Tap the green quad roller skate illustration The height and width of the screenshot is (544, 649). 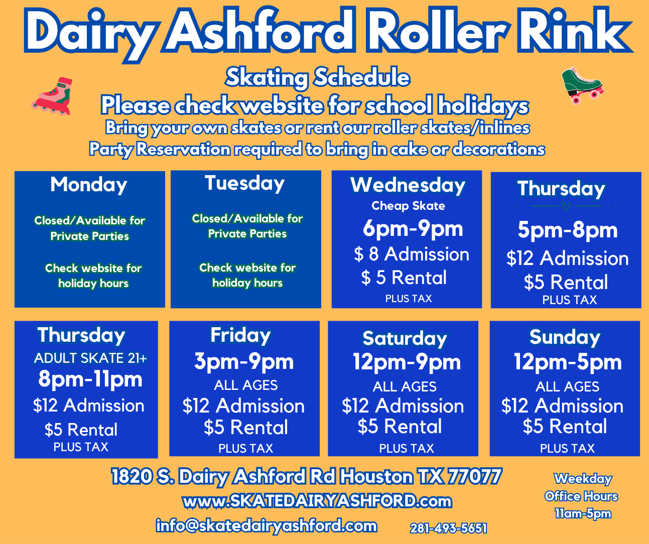point(582,85)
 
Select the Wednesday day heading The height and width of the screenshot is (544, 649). point(408,185)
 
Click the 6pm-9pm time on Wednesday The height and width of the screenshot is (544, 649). point(413,229)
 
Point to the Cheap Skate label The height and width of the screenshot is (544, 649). point(408,206)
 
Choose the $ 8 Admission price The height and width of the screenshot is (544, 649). point(411,254)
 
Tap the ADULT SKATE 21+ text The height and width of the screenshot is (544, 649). point(90,358)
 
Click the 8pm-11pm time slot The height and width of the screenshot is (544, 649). point(90,379)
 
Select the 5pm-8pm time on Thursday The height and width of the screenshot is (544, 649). point(567,230)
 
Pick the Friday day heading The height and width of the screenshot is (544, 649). point(240,335)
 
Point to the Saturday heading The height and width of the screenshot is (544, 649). point(405,339)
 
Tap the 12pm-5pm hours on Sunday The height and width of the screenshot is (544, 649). point(568,362)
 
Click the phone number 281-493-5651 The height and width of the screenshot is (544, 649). point(448,528)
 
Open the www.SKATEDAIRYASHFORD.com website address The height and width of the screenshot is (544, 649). point(317,502)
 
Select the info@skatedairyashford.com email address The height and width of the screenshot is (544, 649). point(267,526)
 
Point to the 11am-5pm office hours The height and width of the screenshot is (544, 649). point(583,513)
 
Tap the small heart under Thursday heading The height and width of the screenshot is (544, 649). point(566,206)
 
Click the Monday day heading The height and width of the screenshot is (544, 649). point(89,185)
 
